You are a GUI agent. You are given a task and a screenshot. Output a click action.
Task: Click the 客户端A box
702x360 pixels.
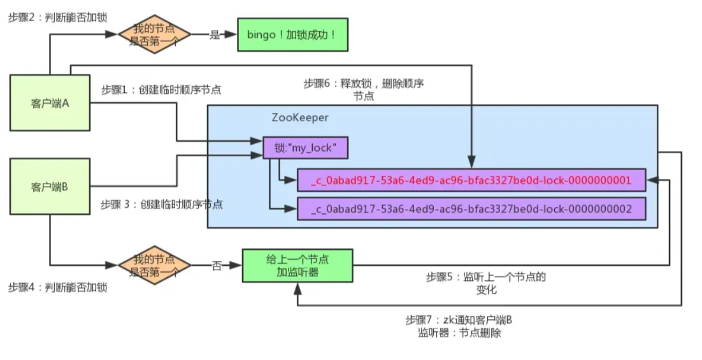click(x=50, y=103)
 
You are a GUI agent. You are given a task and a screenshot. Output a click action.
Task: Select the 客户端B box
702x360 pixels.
click(x=50, y=187)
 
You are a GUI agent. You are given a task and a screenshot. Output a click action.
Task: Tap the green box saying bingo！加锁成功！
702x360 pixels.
click(x=294, y=34)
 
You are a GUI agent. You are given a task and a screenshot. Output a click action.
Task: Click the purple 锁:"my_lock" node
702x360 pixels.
click(x=306, y=148)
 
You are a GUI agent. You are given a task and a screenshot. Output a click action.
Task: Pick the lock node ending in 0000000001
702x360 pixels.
click(x=471, y=180)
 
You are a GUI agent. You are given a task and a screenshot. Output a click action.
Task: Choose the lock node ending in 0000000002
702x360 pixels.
click(x=471, y=208)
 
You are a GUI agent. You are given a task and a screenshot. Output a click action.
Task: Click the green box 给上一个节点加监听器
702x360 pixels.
click(x=297, y=266)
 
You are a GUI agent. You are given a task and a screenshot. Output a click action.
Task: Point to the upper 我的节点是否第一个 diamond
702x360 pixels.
click(x=155, y=35)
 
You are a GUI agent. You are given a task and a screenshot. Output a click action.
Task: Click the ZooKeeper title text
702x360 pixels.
click(x=300, y=118)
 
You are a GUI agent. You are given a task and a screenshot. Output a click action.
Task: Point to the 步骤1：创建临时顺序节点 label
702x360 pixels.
click(x=161, y=90)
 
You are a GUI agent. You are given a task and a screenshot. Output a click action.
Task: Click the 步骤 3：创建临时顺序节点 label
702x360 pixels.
click(x=162, y=205)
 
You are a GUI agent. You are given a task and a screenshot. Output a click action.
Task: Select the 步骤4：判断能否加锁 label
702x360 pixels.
click(x=58, y=287)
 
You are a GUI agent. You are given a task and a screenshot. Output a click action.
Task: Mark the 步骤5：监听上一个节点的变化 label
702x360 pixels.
click(x=486, y=283)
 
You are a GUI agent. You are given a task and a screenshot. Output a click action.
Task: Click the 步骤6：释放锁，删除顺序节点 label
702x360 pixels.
click(x=364, y=90)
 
